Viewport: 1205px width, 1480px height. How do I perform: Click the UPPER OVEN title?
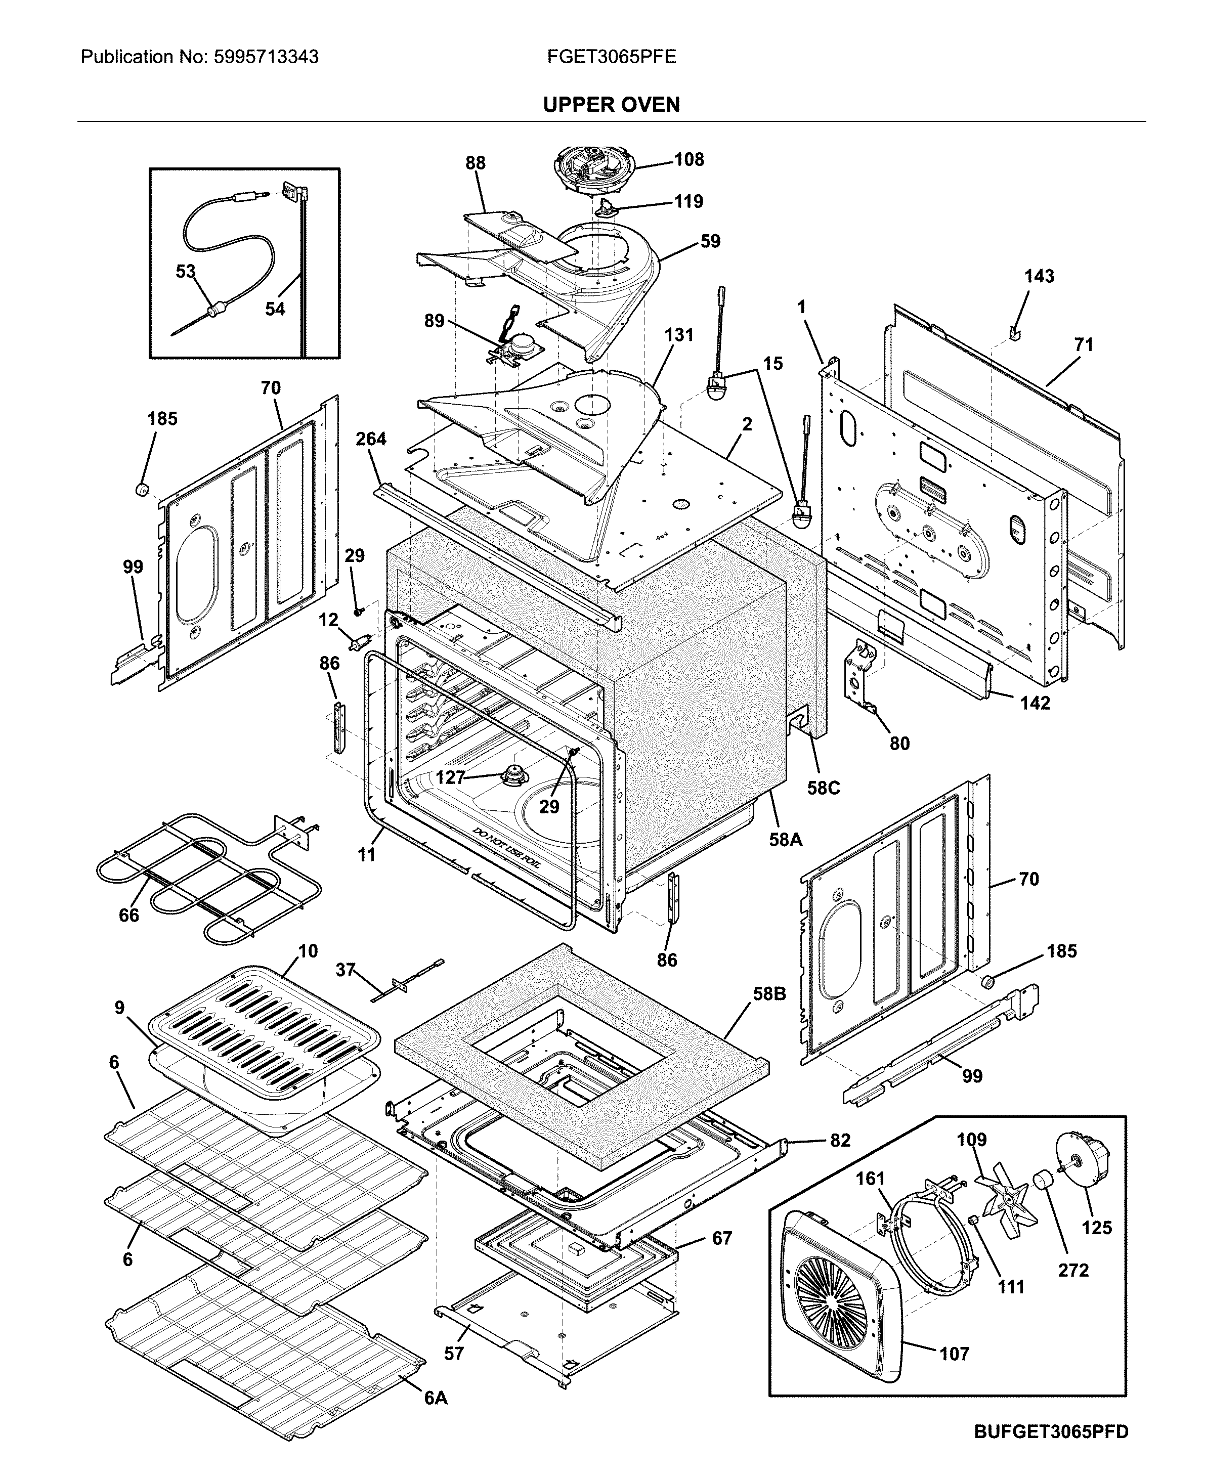(x=611, y=105)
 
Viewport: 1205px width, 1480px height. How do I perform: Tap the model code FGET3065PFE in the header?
(x=611, y=57)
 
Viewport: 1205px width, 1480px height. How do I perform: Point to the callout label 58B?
(x=769, y=993)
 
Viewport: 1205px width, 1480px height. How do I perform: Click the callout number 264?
(x=371, y=439)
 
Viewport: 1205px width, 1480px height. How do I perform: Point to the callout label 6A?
(x=436, y=1398)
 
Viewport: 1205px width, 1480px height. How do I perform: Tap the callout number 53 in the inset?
(x=185, y=271)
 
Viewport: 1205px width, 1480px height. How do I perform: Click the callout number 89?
(x=434, y=321)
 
